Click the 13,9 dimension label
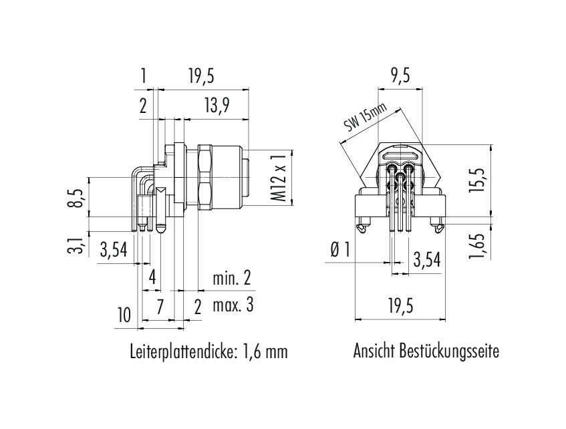click(217, 106)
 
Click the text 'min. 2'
click(231, 278)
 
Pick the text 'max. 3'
click(233, 305)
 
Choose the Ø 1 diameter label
click(339, 249)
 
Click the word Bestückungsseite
click(450, 351)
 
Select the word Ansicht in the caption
click(374, 351)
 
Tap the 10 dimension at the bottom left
click(124, 315)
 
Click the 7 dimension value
click(160, 307)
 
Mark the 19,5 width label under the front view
click(401, 306)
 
